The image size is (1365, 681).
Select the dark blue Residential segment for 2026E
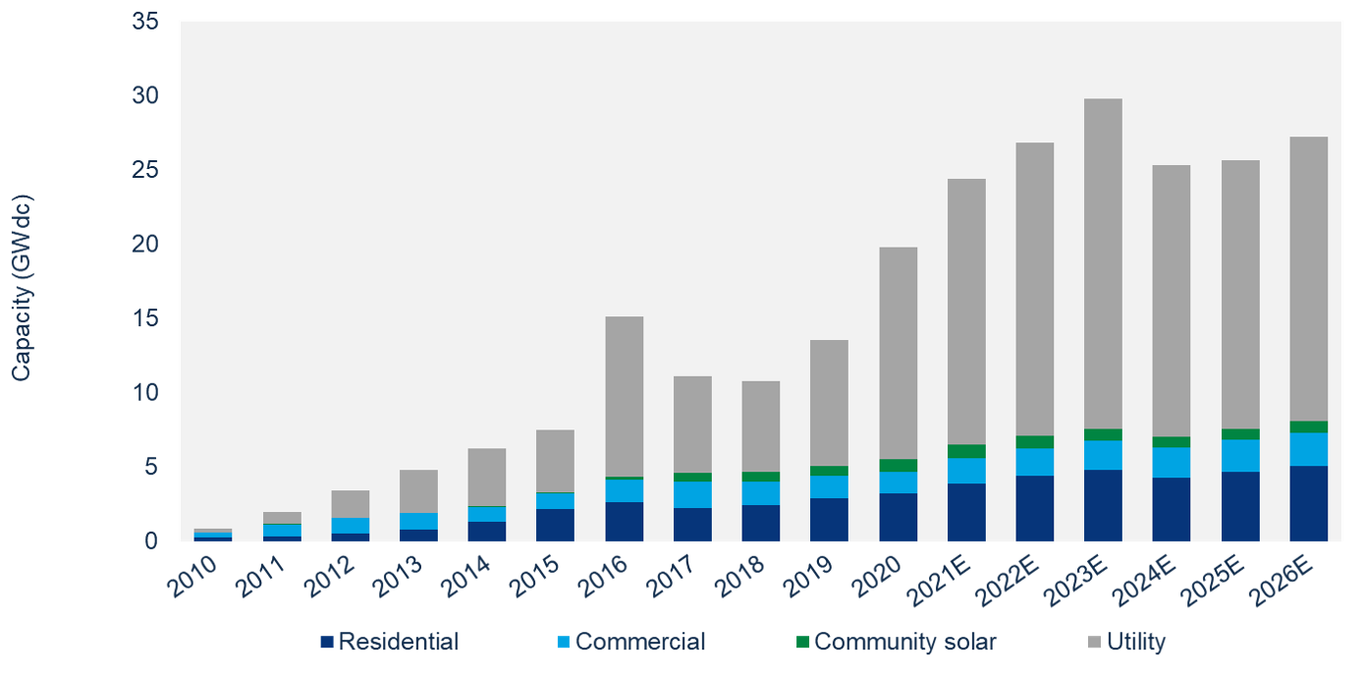(x=1308, y=503)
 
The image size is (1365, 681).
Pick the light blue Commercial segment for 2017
(x=692, y=494)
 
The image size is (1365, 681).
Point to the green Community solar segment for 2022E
(x=1034, y=442)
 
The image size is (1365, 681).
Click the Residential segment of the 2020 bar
(x=898, y=517)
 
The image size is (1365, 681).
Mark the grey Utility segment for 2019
(x=829, y=403)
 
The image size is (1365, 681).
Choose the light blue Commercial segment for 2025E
(x=1240, y=455)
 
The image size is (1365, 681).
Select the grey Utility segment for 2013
(x=419, y=491)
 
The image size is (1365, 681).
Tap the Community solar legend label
(x=904, y=643)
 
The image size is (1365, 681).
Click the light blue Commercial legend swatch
(x=563, y=643)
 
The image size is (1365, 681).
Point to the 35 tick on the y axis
(x=145, y=22)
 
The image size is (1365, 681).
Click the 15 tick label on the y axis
(x=145, y=318)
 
